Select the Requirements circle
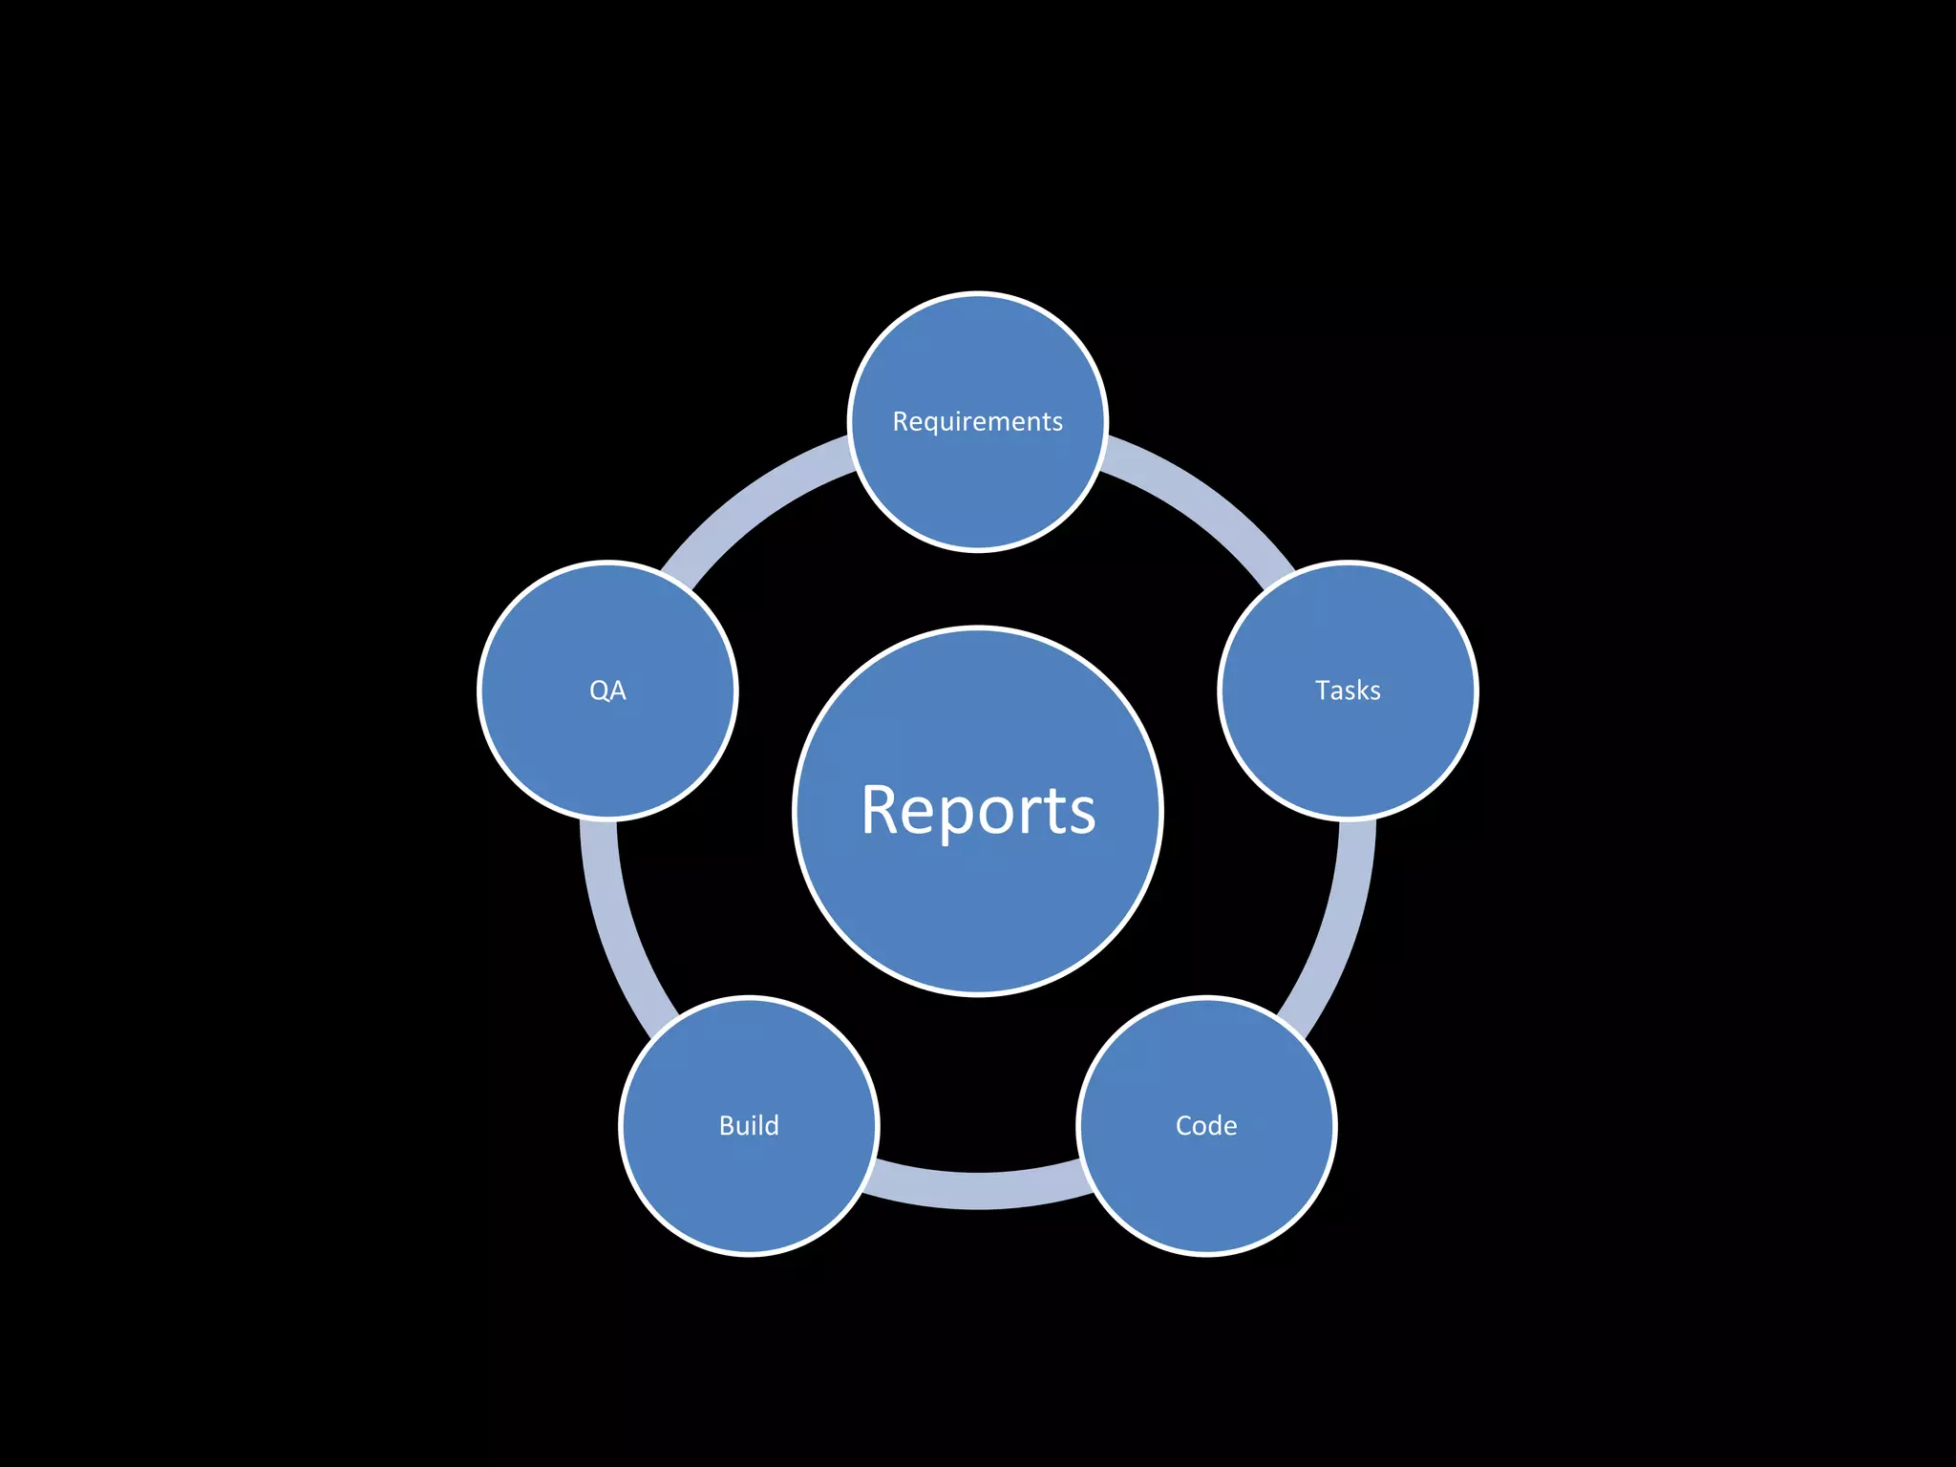tap(978, 478)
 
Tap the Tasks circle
tap(1348, 745)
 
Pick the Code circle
tap(1206, 1184)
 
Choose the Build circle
tap(749, 1184)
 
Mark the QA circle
tap(607, 745)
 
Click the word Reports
tap(978, 811)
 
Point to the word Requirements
tap(977, 421)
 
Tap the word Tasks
tap(1348, 690)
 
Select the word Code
tap(1206, 1125)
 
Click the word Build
tap(749, 1125)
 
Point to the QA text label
tap(607, 690)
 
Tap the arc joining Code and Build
tap(978, 1190)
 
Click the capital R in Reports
tap(882, 811)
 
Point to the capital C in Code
tap(1185, 1125)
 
